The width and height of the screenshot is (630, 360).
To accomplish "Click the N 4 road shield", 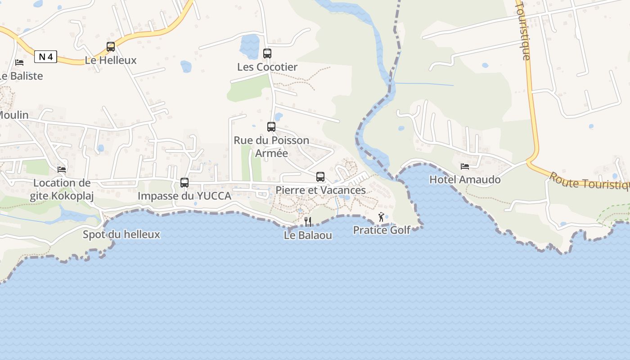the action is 45,57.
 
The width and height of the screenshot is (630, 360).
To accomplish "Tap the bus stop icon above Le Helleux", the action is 110,46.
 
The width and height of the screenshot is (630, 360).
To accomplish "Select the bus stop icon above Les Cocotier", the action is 267,54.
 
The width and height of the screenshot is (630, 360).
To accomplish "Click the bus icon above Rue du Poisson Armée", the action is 271,127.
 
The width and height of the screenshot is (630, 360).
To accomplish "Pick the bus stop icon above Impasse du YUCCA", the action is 184,183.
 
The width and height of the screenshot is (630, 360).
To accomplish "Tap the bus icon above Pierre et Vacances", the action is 320,177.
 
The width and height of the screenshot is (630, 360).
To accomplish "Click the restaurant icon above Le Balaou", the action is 308,221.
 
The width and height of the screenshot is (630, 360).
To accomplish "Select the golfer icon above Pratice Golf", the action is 382,217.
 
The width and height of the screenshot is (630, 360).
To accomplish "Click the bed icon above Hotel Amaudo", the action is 465,166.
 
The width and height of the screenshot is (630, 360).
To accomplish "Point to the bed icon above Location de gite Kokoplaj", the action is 62,169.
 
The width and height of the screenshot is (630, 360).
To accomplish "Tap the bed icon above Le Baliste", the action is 19,62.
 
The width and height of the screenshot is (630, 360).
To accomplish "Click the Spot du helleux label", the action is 121,234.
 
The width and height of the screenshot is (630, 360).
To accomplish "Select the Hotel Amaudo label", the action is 465,180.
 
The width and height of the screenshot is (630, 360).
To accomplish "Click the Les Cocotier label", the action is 267,67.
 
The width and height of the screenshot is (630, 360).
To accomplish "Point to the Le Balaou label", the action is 308,235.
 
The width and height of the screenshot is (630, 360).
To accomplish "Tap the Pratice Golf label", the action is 382,230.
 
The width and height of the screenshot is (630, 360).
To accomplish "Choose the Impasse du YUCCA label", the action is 184,196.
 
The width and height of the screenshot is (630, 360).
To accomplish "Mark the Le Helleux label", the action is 111,60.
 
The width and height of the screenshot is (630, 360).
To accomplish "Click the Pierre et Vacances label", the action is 320,190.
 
